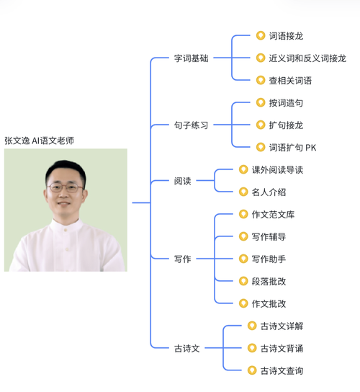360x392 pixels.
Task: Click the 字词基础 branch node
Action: pos(191,58)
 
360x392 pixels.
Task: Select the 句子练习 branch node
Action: pos(191,125)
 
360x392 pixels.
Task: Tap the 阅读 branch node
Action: pos(183,181)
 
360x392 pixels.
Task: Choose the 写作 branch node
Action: pos(183,259)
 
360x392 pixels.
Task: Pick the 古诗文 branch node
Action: pos(186,348)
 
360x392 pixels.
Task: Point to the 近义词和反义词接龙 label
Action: pos(307,58)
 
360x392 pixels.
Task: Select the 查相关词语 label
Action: pos(290,80)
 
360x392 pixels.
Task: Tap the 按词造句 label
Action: pos(285,103)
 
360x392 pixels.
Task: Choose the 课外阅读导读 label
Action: pos(277,170)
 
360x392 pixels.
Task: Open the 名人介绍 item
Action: pos(269,192)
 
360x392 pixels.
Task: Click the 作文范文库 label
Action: pos(273,215)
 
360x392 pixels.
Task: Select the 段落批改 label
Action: pos(269,281)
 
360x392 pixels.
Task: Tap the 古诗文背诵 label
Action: pos(282,348)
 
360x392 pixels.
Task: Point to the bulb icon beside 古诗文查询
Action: pos(251,370)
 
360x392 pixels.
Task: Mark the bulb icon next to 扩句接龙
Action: pos(261,125)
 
